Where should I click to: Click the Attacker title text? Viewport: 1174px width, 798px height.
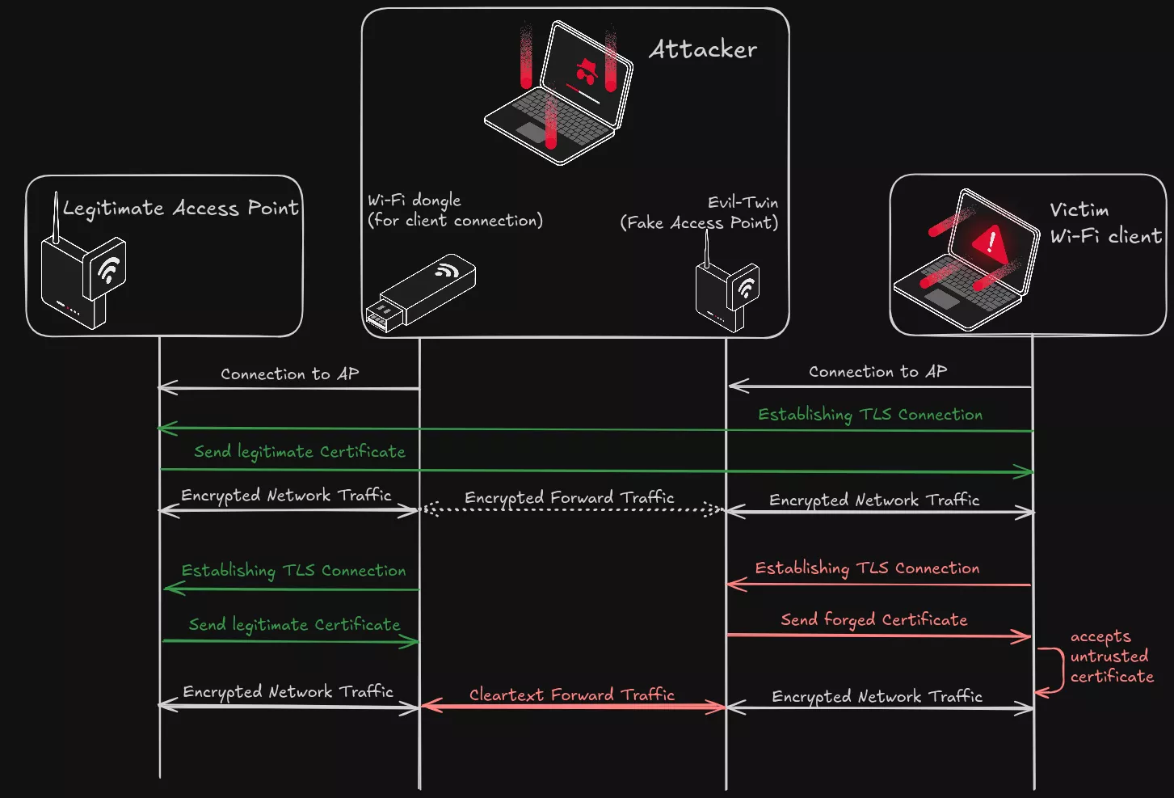702,49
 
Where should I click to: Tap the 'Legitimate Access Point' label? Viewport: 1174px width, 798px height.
181,209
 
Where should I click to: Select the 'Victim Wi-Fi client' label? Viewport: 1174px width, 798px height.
1105,223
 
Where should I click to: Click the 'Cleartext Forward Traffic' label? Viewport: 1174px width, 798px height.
571,695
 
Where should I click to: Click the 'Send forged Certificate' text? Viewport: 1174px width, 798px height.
873,619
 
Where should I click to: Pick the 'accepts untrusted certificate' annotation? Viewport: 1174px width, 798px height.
1111,657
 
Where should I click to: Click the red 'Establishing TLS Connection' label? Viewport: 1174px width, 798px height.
867,568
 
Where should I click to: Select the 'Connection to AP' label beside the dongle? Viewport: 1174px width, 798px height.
289,374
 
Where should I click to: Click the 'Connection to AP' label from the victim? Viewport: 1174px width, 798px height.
877,371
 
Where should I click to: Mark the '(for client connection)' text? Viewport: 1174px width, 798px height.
455,221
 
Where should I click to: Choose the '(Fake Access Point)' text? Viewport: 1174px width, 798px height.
699,222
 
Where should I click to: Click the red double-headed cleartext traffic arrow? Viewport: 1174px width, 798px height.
572,707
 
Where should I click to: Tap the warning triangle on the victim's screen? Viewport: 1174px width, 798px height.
989,241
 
